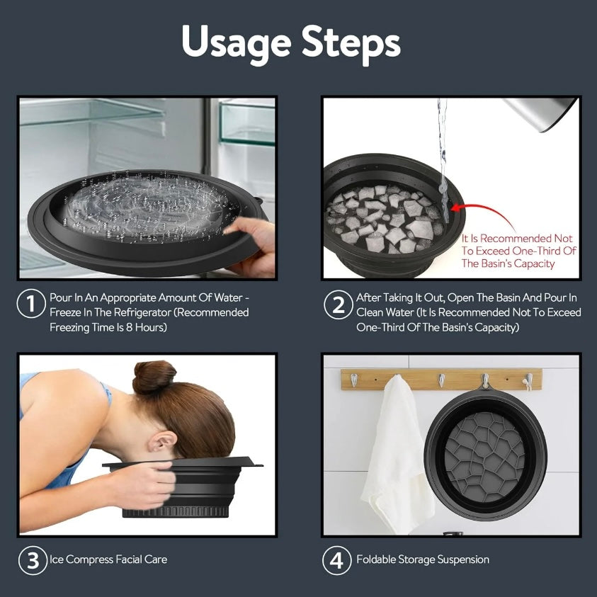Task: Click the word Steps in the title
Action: [351, 41]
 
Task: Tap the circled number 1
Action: [31, 304]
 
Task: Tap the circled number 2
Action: [338, 305]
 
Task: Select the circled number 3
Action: [33, 560]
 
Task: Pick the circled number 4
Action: [336, 560]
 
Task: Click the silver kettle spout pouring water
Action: [540, 113]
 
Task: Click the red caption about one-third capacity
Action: [519, 251]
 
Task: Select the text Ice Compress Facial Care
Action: [108, 559]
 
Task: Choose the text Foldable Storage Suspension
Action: [423, 559]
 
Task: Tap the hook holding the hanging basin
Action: [485, 381]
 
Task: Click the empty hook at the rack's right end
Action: [528, 382]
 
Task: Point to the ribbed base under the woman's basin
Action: [176, 511]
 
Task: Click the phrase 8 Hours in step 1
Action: [146, 327]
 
